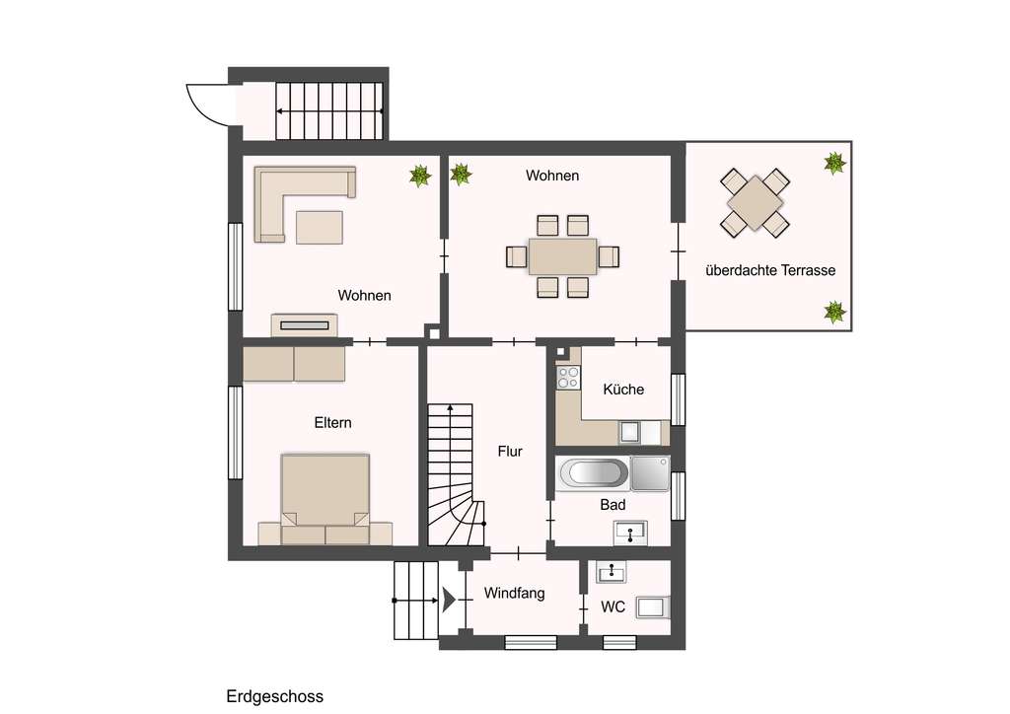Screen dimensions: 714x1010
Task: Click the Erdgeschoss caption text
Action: tap(274, 696)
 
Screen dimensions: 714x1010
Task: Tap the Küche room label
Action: tap(623, 390)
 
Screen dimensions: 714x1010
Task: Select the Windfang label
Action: tap(514, 594)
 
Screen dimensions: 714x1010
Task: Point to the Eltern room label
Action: tap(332, 422)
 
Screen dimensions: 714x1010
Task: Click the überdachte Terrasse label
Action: tap(770, 270)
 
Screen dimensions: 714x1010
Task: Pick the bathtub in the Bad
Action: tap(592, 474)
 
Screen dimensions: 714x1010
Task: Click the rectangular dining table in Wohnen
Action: tap(562, 256)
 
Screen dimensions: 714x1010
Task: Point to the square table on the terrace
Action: tap(755, 202)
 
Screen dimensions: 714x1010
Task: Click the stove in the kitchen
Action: tap(567, 378)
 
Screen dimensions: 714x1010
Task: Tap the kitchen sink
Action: tap(629, 432)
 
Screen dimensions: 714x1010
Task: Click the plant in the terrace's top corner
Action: tap(834, 163)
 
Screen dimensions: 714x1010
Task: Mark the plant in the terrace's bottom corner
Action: tap(834, 313)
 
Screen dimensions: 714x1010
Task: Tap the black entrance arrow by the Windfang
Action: tap(450, 599)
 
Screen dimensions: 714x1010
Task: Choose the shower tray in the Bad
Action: tap(650, 472)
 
